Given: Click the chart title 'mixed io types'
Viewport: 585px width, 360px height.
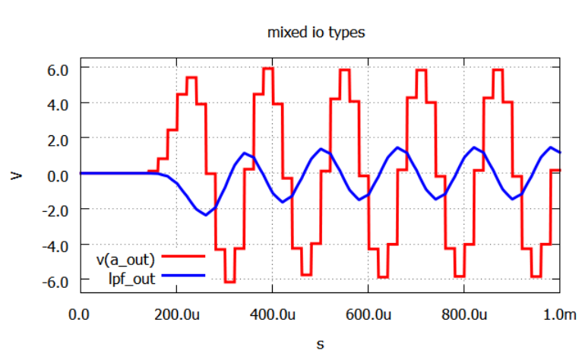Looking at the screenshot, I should coord(317,33).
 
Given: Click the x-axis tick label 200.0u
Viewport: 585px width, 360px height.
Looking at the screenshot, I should coord(176,314).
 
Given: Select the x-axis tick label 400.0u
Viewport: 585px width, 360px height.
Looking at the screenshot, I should coord(272,314).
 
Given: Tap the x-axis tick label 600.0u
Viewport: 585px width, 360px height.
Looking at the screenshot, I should coord(368,314).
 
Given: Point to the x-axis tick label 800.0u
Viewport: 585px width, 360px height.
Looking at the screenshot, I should coord(464,314).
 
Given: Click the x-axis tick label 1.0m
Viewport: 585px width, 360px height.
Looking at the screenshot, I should coord(559,314).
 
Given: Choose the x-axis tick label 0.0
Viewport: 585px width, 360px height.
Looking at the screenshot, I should coord(79,314).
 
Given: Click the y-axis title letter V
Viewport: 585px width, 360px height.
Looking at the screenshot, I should coord(16,175).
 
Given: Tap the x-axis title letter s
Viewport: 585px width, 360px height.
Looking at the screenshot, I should coord(320,344).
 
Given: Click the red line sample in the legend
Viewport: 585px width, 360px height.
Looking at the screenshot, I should coord(183,260).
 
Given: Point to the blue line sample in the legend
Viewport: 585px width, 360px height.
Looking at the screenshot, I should coord(183,278).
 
